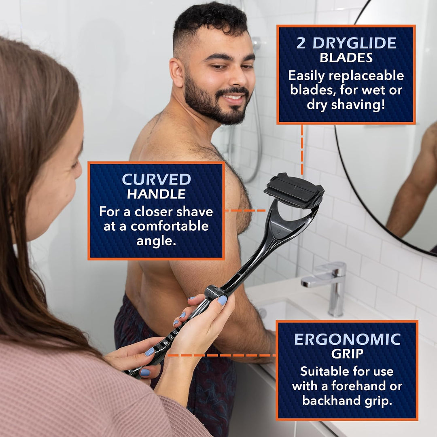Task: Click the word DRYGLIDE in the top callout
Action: pos(354,43)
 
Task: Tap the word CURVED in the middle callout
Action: pos(156,180)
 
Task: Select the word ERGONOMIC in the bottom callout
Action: pos(347,339)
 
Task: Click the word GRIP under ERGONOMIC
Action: pos(347,354)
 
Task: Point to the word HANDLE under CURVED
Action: pos(156,194)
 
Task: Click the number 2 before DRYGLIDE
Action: pos(301,43)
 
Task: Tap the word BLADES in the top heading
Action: pos(346,58)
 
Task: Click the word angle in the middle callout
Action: pos(156,241)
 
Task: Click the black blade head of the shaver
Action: pos(294,191)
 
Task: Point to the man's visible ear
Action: pos(177,72)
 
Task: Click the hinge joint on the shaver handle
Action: pos(214,293)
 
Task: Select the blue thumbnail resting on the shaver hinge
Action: pos(222,300)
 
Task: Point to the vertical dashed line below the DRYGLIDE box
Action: pos(302,150)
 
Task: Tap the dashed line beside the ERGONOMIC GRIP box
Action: pos(222,355)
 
